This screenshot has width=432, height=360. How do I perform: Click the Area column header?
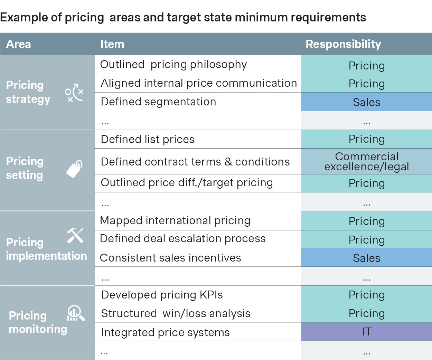(19, 44)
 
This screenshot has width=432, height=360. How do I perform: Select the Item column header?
(112, 44)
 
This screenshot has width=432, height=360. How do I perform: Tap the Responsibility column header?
(343, 44)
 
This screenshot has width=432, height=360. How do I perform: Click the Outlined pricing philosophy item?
(173, 65)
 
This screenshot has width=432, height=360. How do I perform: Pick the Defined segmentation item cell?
(158, 102)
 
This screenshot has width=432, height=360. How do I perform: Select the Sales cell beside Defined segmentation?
(366, 102)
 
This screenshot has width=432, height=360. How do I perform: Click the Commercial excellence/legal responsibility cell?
(366, 162)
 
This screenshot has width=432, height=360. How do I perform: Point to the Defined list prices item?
(148, 139)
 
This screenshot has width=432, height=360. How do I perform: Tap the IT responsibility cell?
(366, 332)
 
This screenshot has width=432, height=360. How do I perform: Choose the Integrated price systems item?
(165, 332)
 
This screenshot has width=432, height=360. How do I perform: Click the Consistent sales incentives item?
(170, 258)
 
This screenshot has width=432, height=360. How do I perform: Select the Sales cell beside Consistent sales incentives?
(366, 258)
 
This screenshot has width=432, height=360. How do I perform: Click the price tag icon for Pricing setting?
(75, 169)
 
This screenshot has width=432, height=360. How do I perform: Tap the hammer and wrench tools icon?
(75, 236)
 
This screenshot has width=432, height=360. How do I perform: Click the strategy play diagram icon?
(74, 93)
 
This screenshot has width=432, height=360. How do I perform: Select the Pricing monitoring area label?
(38, 322)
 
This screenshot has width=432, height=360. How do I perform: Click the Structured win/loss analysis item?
(176, 313)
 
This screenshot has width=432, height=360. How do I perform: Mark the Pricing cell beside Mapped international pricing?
(366, 221)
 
